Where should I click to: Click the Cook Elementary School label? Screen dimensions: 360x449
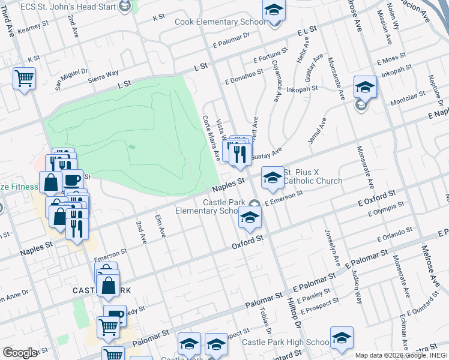pyautogui.click(x=220, y=22)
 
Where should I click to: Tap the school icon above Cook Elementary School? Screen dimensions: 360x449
pyautogui.click(x=274, y=11)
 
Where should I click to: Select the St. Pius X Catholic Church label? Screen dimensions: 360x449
pyautogui.click(x=313, y=176)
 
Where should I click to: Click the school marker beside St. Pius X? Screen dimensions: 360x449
pyautogui.click(x=273, y=177)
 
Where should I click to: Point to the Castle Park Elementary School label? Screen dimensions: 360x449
pyautogui.click(x=212, y=206)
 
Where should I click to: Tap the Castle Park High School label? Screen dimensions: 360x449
pyautogui.click(x=286, y=343)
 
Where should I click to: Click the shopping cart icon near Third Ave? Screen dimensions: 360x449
pyautogui.click(x=24, y=78)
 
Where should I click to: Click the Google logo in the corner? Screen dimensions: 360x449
pyautogui.click(x=20, y=353)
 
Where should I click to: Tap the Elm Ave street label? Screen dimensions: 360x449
pyautogui.click(x=160, y=227)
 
